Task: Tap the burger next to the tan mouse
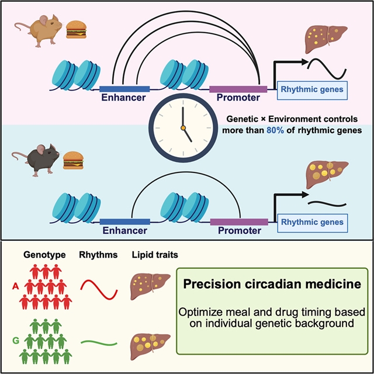pyautogui.click(x=77, y=29)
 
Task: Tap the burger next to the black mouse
pyautogui.click(x=73, y=159)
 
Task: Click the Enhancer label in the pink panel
pyautogui.click(x=124, y=98)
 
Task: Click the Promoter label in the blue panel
pyautogui.click(x=239, y=231)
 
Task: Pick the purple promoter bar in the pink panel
pyautogui.click(x=238, y=89)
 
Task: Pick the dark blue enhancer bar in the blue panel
pyautogui.click(x=124, y=221)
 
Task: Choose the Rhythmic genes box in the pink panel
pyautogui.click(x=313, y=89)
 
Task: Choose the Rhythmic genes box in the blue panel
pyautogui.click(x=313, y=222)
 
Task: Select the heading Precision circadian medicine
pyautogui.click(x=271, y=285)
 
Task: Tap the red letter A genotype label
pyautogui.click(x=13, y=288)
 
